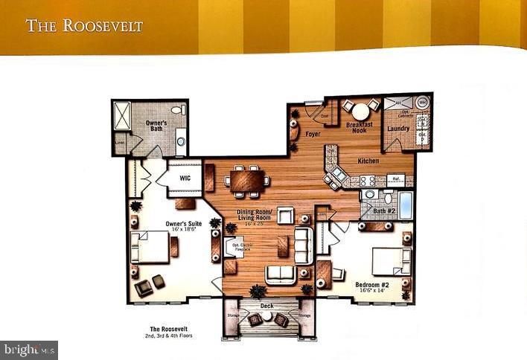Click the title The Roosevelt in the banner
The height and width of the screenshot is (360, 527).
[x=84, y=26]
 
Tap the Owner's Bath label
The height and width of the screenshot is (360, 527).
[x=156, y=126]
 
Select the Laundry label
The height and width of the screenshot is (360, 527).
[x=398, y=129]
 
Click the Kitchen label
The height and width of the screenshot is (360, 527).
[x=368, y=161]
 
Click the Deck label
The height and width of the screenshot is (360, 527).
[x=266, y=306]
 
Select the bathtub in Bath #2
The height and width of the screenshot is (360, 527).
[x=405, y=205]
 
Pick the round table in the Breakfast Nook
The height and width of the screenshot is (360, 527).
[x=360, y=109]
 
